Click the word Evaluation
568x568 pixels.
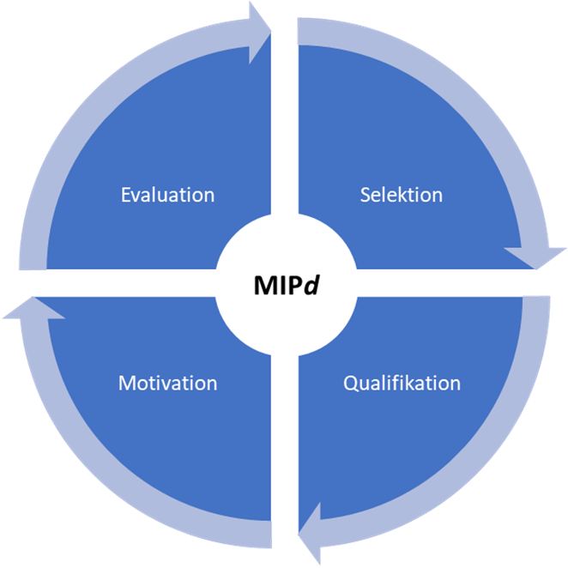point(168,195)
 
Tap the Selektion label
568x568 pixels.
point(401,195)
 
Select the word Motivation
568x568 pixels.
point(167,383)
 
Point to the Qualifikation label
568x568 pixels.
point(402,383)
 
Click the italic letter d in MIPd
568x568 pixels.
point(312,285)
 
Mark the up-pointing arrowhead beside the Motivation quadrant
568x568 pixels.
point(33,308)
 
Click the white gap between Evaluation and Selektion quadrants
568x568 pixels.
point(285,129)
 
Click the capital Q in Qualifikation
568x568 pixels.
point(350,383)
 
